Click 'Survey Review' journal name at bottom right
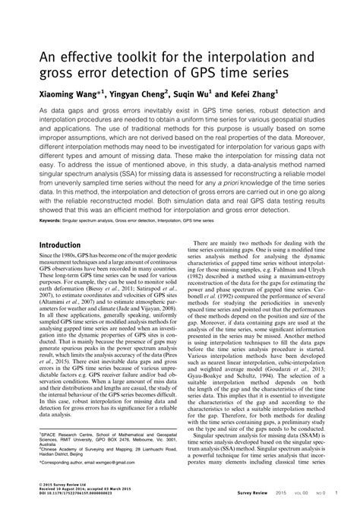pos(269,501)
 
